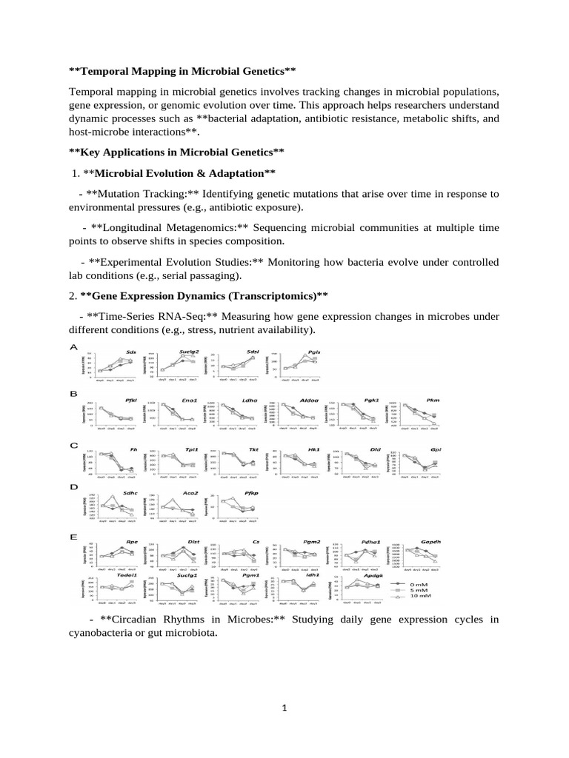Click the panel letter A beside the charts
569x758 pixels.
(x=74, y=346)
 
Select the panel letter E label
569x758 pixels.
(x=74, y=537)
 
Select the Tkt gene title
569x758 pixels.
(x=253, y=449)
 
